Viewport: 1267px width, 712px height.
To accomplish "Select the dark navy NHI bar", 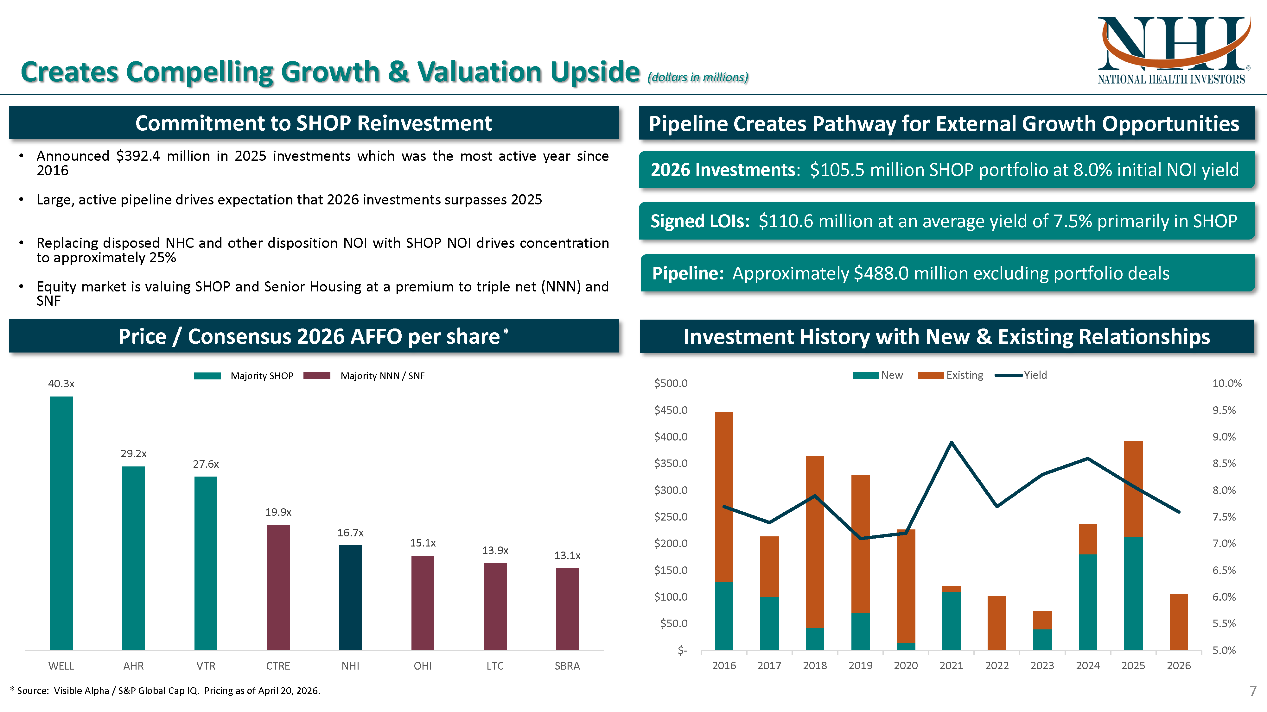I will [x=350, y=597].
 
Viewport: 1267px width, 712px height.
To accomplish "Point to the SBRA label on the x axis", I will [x=567, y=666].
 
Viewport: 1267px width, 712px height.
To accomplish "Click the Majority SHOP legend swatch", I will [x=207, y=376].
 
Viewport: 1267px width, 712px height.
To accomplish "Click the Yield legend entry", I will [x=1035, y=375].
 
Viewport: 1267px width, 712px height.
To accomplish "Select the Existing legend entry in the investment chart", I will [x=964, y=375].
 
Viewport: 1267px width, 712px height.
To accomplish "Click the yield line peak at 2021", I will [x=951, y=442].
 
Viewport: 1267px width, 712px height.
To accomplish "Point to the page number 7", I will [x=1253, y=690].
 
